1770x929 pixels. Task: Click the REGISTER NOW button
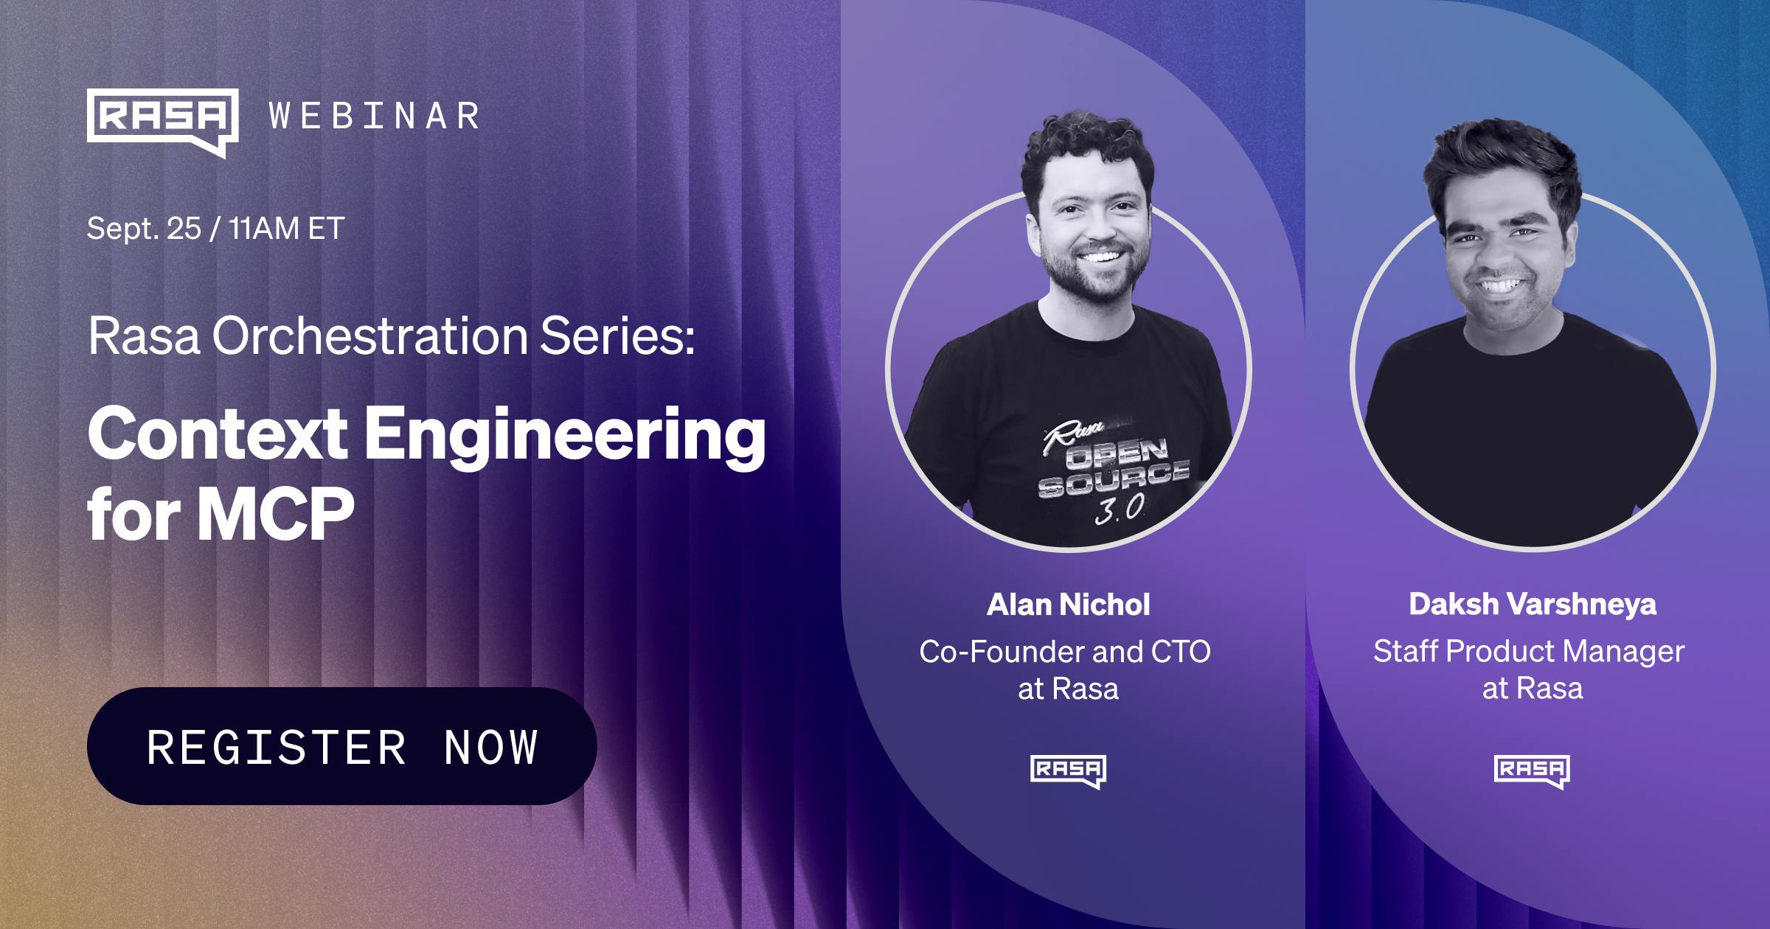tap(341, 746)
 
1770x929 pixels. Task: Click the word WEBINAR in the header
tap(375, 116)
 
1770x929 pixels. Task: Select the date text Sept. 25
tap(144, 229)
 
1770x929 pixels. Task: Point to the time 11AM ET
tap(286, 229)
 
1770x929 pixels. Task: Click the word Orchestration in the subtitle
tap(370, 336)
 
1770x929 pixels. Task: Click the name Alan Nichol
tap(1068, 605)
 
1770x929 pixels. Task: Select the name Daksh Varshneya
tap(1533, 604)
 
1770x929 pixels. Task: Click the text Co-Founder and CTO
tap(1065, 652)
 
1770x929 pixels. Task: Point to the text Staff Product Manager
tap(1529, 651)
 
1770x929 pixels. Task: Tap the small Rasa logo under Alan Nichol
tap(1068, 771)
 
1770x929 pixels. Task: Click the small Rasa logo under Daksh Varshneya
tap(1532, 770)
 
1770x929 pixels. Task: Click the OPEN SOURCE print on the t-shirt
tap(1114, 466)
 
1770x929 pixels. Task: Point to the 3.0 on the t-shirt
tap(1120, 509)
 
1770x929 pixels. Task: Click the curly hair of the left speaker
tap(1084, 144)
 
